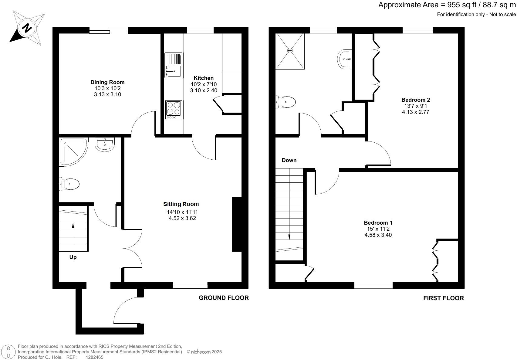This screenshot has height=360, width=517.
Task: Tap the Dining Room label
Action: (x=107, y=82)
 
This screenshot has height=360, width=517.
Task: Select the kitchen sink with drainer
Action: (x=174, y=65)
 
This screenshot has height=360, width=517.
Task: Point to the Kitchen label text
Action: (x=204, y=78)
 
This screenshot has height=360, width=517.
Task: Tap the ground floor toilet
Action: (x=70, y=184)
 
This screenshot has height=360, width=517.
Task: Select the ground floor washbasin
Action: (x=105, y=144)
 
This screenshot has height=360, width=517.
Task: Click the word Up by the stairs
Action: (x=73, y=257)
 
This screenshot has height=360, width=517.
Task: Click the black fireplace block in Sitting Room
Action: (x=237, y=224)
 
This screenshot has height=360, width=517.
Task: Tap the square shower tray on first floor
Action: (x=290, y=51)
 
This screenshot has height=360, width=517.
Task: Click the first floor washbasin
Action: (x=345, y=59)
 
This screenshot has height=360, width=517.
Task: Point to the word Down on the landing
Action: (x=289, y=160)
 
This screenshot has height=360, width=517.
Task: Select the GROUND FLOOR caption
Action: (x=224, y=298)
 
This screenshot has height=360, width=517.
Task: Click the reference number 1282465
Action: (x=95, y=357)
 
